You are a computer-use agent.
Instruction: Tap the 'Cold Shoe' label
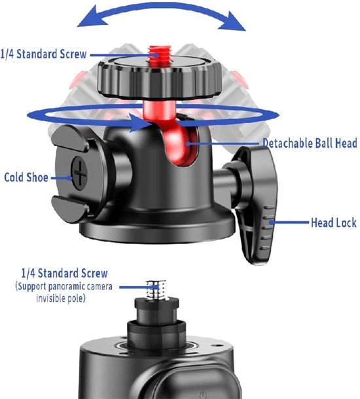pyautogui.click(x=26, y=177)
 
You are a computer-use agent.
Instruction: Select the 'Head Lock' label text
pyautogui.click(x=334, y=222)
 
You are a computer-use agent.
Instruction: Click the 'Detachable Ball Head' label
pyautogui.click(x=310, y=143)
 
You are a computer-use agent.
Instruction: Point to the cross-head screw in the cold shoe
pyautogui.click(x=79, y=173)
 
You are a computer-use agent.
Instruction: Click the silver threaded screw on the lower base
pyautogui.click(x=156, y=290)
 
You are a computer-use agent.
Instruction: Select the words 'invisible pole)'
pyautogui.click(x=61, y=298)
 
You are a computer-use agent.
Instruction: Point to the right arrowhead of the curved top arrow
pyautogui.click(x=233, y=22)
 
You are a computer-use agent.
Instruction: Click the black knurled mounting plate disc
pyautogui.click(x=160, y=78)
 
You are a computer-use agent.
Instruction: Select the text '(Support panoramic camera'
pyautogui.click(x=63, y=286)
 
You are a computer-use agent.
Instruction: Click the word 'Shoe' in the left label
pyautogui.click(x=37, y=177)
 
